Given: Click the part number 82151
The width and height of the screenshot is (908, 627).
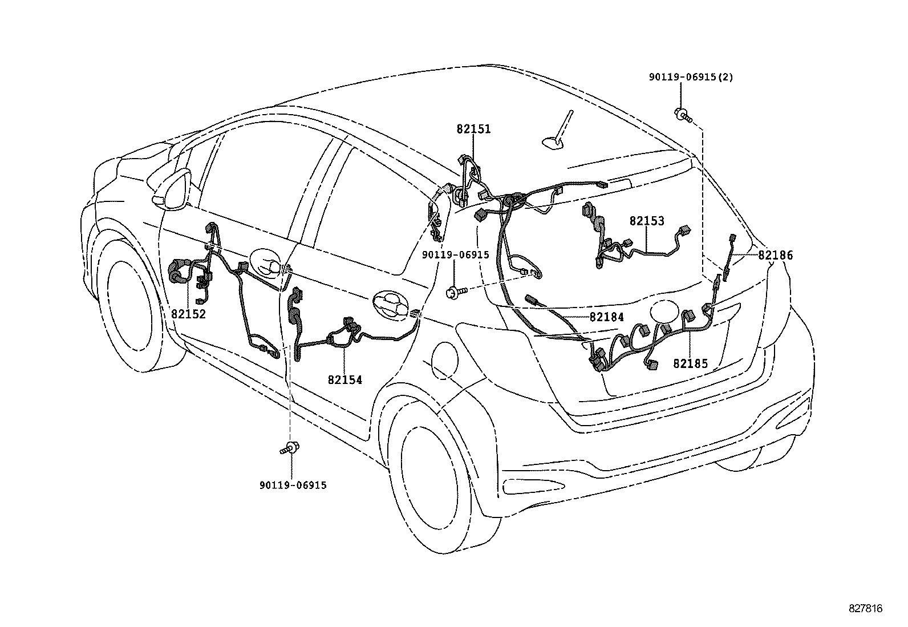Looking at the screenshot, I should [x=473, y=130].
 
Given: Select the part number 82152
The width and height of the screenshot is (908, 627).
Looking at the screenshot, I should [x=188, y=314].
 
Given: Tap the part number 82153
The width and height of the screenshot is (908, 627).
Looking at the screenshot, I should [x=647, y=221].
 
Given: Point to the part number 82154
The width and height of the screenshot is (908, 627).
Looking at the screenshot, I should [x=344, y=379].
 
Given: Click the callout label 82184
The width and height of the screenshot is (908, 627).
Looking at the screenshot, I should [x=606, y=317].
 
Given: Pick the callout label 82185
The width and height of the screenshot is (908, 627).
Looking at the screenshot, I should [x=690, y=363].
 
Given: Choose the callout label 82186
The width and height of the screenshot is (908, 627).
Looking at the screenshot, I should [x=775, y=256].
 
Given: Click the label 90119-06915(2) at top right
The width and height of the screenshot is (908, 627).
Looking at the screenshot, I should [x=691, y=77].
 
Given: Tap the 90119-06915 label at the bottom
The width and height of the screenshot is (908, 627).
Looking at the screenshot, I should [x=293, y=485].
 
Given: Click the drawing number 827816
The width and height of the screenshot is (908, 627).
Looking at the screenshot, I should [x=865, y=609].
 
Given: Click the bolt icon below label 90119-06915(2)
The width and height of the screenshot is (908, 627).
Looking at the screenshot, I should [x=683, y=114].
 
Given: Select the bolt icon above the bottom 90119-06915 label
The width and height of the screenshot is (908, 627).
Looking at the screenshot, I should [x=292, y=448].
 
